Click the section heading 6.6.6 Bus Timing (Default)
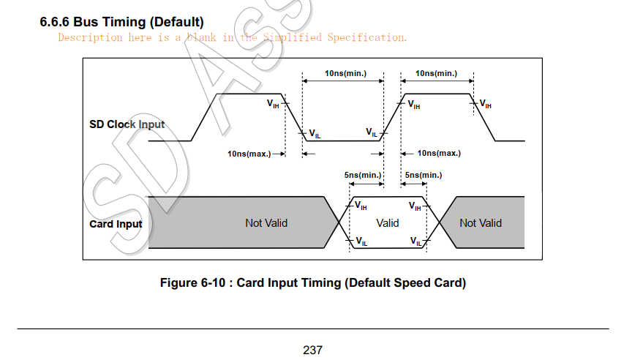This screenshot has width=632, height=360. pyautogui.click(x=121, y=23)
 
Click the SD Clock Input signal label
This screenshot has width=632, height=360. pyautogui.click(x=127, y=124)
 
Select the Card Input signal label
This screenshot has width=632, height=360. pyautogui.click(x=116, y=224)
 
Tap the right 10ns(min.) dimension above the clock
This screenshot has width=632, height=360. pyautogui.click(x=436, y=73)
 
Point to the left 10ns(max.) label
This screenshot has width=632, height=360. pyautogui.click(x=249, y=154)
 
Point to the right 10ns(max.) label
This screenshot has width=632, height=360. pyautogui.click(x=439, y=154)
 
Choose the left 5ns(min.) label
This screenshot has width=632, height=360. pyautogui.click(x=362, y=176)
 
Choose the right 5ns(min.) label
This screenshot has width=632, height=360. pyautogui.click(x=422, y=176)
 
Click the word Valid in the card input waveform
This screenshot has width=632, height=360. pyautogui.click(x=388, y=223)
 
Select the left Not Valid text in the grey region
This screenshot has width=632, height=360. pyautogui.click(x=266, y=223)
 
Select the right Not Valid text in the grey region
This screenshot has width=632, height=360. pyautogui.click(x=481, y=223)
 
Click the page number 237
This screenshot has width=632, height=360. pyautogui.click(x=312, y=350)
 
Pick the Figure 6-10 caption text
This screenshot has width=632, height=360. pyautogui.click(x=312, y=283)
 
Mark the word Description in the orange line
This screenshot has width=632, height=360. pyautogui.click(x=91, y=37)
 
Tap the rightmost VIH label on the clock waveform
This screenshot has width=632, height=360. pyautogui.click(x=485, y=105)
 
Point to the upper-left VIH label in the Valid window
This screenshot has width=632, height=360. pyautogui.click(x=361, y=206)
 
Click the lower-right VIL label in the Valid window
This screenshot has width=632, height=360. pyautogui.click(x=415, y=241)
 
